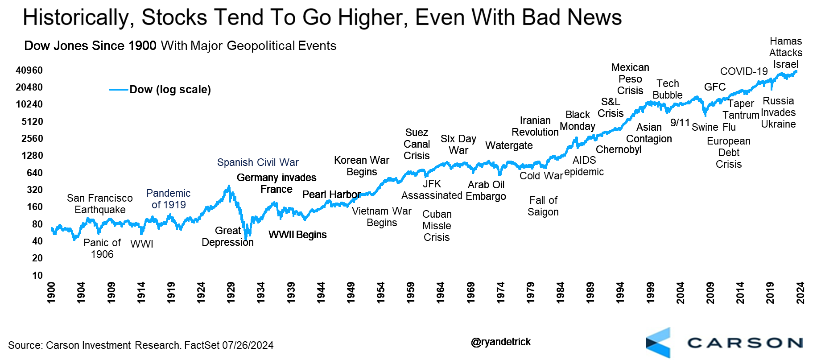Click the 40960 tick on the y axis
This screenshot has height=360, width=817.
[29, 70]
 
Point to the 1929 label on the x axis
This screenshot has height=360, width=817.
[231, 292]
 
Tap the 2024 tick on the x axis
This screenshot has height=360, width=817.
[800, 292]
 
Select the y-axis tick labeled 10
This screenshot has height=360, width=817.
[37, 276]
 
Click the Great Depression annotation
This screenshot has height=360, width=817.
[227, 236]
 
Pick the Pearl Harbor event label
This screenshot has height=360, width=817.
[331, 194]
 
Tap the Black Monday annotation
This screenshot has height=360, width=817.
[578, 120]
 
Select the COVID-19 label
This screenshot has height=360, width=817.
[744, 71]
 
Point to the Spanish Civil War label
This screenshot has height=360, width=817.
[258, 162]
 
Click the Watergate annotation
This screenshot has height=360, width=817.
[509, 145]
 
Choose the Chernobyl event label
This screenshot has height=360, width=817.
[619, 149]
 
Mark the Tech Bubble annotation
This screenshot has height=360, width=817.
[668, 89]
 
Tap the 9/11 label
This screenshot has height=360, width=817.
[680, 123]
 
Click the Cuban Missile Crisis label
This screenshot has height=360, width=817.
[437, 226]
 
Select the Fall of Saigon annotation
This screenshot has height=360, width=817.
[543, 206]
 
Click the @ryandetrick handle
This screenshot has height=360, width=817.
[501, 342]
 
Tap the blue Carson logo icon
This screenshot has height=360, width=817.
[658, 343]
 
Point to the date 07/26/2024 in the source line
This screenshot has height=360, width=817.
[248, 345]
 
